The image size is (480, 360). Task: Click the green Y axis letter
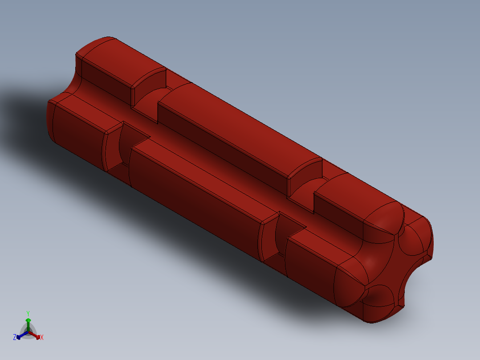coord(28,313)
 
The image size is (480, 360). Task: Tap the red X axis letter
coord(42,338)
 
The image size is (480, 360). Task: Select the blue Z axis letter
coord(15,337)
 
